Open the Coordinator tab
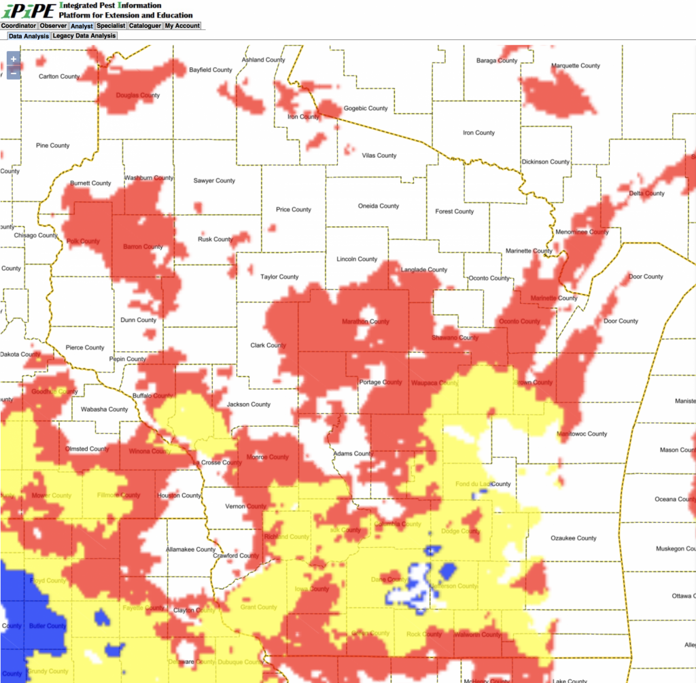pyautogui.click(x=19, y=26)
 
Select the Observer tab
pyautogui.click(x=54, y=26)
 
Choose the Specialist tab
pyautogui.click(x=111, y=26)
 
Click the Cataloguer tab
pyautogui.click(x=145, y=26)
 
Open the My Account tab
pyautogui.click(x=182, y=26)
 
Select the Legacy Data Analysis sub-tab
pyautogui.click(x=84, y=36)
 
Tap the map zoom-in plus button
pyautogui.click(x=14, y=60)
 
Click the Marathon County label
pyautogui.click(x=365, y=321)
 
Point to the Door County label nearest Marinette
pyautogui.click(x=627, y=277)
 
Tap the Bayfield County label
pyautogui.click(x=210, y=70)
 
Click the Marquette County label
pyautogui.click(x=575, y=66)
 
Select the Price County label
pyautogui.click(x=293, y=209)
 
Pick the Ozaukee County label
pyautogui.click(x=573, y=538)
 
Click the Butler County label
pyautogui.click(x=47, y=626)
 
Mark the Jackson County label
pyautogui.click(x=248, y=404)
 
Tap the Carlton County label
pyautogui.click(x=59, y=76)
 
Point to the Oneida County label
pyautogui.click(x=379, y=206)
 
